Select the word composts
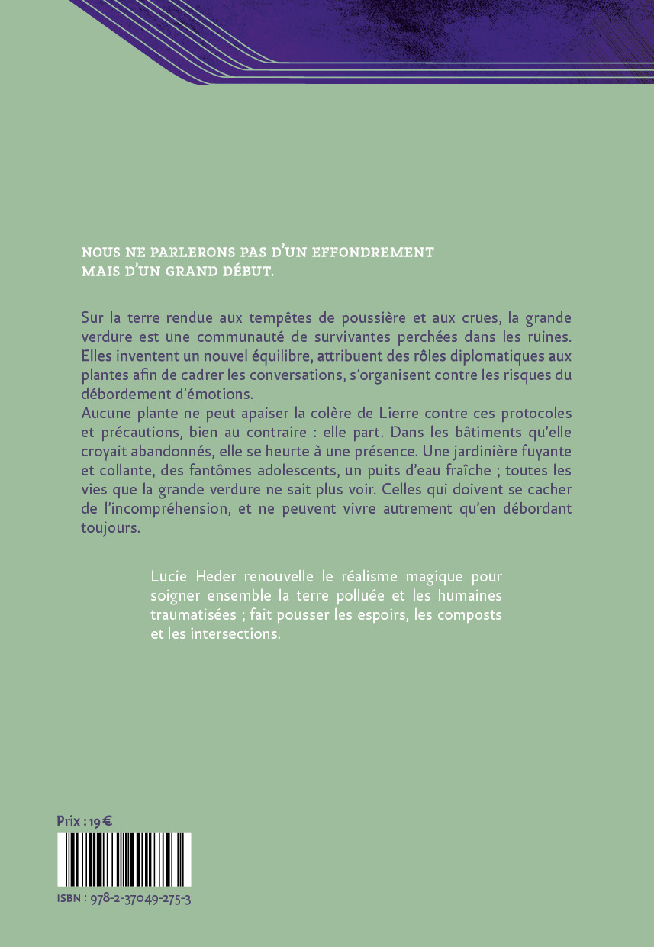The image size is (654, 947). click(x=472, y=614)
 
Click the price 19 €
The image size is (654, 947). click(x=101, y=821)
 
